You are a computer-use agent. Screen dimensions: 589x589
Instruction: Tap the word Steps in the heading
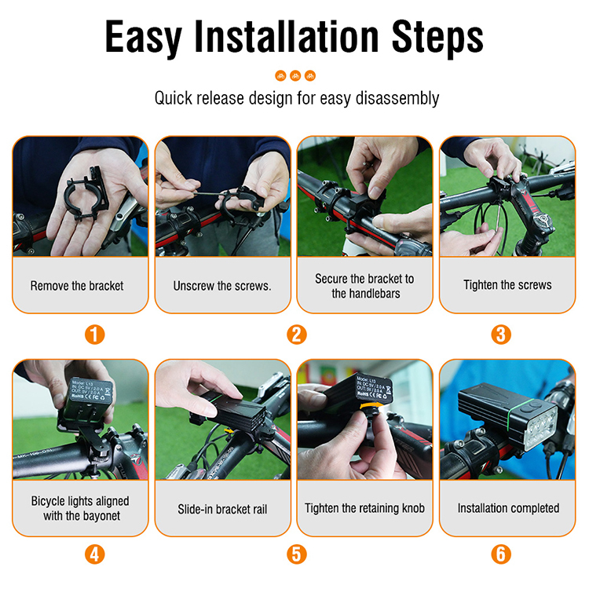[x=437, y=38]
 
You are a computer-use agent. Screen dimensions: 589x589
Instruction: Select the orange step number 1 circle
[x=94, y=335]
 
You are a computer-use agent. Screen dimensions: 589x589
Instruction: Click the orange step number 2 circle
[x=296, y=335]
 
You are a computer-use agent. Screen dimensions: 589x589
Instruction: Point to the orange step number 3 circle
[x=500, y=335]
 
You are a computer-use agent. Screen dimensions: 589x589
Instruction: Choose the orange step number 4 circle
[x=94, y=554]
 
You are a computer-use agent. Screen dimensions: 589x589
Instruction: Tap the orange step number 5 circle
[x=296, y=554]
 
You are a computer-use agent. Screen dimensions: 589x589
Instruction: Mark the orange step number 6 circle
[x=500, y=554]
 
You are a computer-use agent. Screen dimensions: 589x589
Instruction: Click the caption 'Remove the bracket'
[x=77, y=286]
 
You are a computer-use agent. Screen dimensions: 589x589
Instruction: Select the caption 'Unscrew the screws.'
[x=222, y=286]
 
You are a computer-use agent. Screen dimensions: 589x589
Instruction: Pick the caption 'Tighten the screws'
[x=507, y=285]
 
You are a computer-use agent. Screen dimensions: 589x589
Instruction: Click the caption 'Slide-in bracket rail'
[x=222, y=509]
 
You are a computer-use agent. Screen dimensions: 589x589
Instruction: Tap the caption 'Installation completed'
[x=508, y=508]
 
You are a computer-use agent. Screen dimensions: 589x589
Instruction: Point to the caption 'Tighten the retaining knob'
[x=364, y=508]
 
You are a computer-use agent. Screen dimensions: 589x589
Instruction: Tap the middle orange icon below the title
[x=295, y=75]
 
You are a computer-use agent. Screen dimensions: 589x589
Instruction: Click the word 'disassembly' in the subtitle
[x=397, y=99]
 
